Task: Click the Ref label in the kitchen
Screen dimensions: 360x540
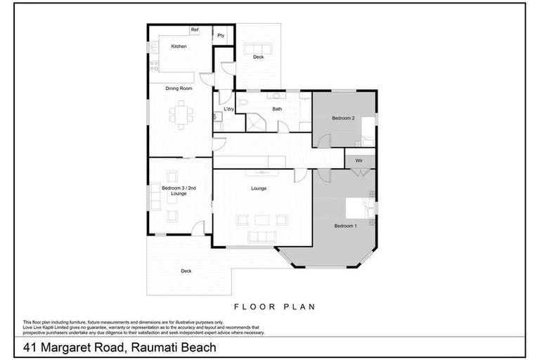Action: [195, 30]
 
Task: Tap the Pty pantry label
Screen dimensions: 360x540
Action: [221, 35]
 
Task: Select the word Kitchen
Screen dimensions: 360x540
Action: [179, 46]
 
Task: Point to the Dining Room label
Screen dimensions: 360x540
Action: [179, 89]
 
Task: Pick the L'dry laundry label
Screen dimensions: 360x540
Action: [229, 110]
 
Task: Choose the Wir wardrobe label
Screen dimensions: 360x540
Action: [359, 161]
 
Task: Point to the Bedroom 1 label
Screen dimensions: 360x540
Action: [345, 226]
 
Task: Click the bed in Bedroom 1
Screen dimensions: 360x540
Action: [359, 207]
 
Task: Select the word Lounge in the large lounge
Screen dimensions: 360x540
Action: [259, 188]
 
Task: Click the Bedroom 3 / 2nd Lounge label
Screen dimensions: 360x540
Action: [174, 191]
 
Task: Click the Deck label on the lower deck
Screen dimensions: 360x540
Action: [186, 271]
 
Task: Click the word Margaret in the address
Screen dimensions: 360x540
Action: [90, 347]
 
